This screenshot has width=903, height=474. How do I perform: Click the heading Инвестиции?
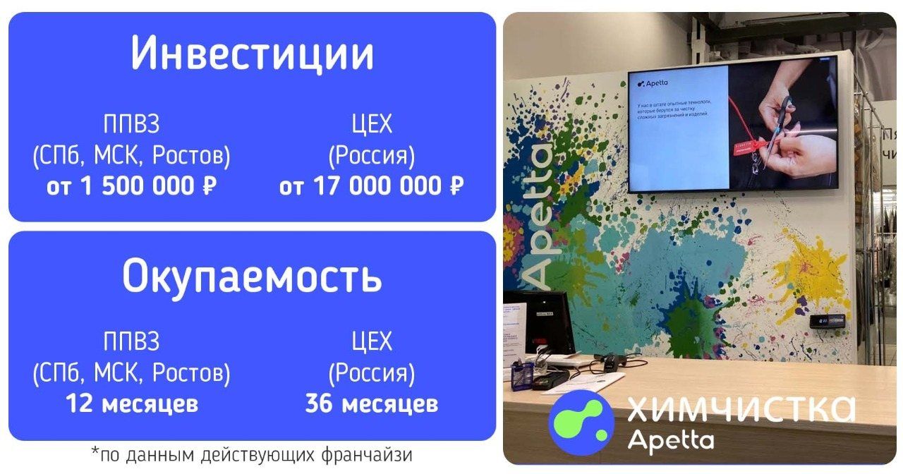252,54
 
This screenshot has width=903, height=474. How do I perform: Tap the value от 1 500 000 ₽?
131,186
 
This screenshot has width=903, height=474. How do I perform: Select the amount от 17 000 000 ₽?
371,186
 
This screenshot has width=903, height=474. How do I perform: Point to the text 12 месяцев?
131,404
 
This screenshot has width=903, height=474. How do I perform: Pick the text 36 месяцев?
371,404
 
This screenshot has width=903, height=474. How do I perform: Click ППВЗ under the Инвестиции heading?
131,125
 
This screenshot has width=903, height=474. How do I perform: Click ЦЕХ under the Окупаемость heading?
371,342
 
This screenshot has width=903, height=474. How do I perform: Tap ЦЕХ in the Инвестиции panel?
371,125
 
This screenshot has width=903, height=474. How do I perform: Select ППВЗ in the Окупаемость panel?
131,342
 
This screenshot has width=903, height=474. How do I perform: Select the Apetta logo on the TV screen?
653,83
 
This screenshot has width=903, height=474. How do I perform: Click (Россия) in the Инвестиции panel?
371,155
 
